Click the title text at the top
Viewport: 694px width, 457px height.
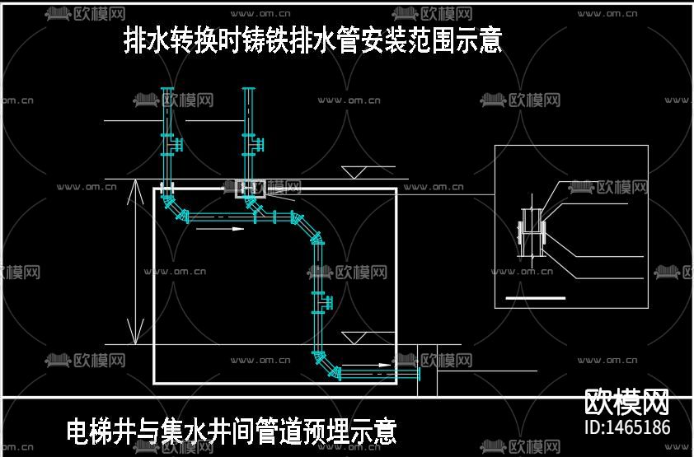312,40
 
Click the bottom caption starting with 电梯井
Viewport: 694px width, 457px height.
232,431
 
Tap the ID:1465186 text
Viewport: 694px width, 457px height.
626,427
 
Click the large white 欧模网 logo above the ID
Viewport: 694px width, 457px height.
626,403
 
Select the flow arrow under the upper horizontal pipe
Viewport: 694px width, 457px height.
221,230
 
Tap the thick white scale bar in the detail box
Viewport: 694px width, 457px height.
535,296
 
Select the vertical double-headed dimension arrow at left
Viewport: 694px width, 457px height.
136,261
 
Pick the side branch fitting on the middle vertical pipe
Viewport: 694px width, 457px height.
324,301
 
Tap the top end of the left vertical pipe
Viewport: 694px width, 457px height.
167,89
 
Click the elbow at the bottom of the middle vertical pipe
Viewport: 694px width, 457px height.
324,361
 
